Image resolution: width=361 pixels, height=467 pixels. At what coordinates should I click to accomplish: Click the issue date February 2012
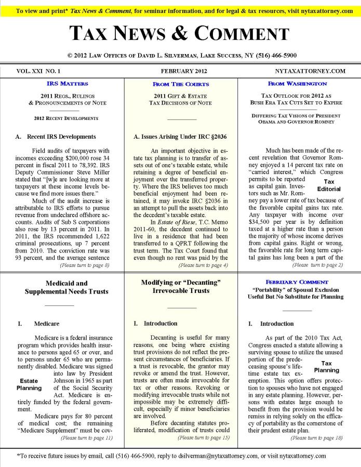[x=180, y=71]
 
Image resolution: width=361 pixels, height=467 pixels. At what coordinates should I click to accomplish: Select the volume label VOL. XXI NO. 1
[x=39, y=71]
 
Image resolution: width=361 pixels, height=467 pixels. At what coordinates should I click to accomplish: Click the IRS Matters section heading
[x=67, y=83]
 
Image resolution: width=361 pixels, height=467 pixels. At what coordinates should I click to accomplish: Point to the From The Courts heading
[x=181, y=84]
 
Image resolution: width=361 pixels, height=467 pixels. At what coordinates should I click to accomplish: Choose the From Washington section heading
[x=297, y=83]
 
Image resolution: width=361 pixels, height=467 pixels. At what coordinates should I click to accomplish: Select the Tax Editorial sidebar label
[x=329, y=185]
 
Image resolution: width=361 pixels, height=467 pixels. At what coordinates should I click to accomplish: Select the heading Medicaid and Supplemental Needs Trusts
[x=66, y=287]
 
